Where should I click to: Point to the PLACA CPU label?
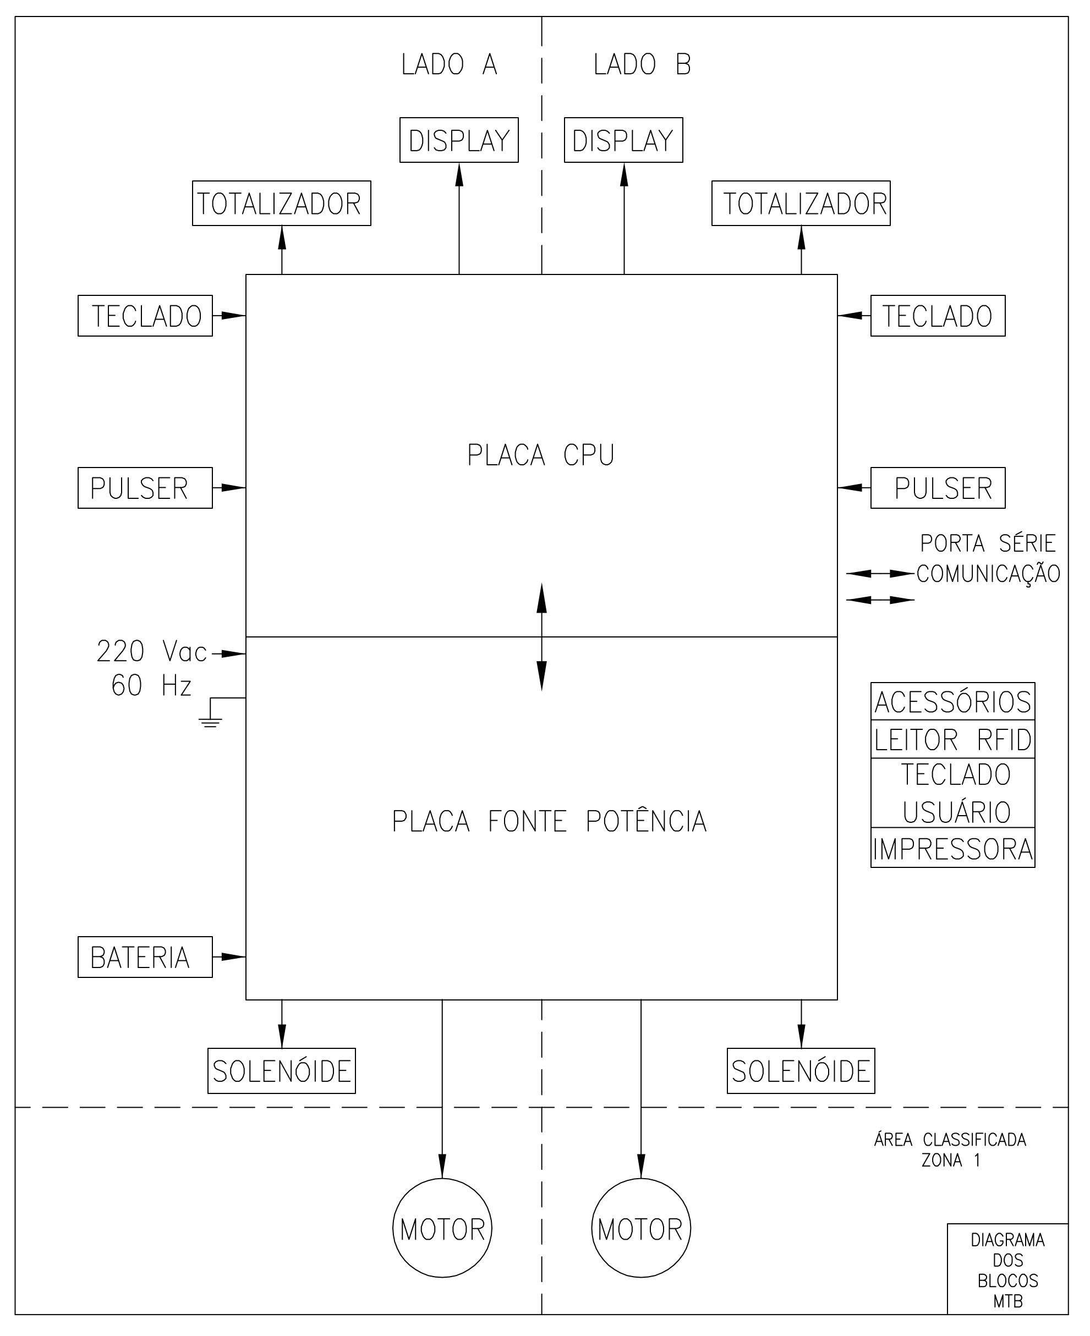pos(541,455)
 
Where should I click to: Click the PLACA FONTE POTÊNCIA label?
pos(549,821)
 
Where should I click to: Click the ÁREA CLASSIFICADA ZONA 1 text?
pos(950,1150)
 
